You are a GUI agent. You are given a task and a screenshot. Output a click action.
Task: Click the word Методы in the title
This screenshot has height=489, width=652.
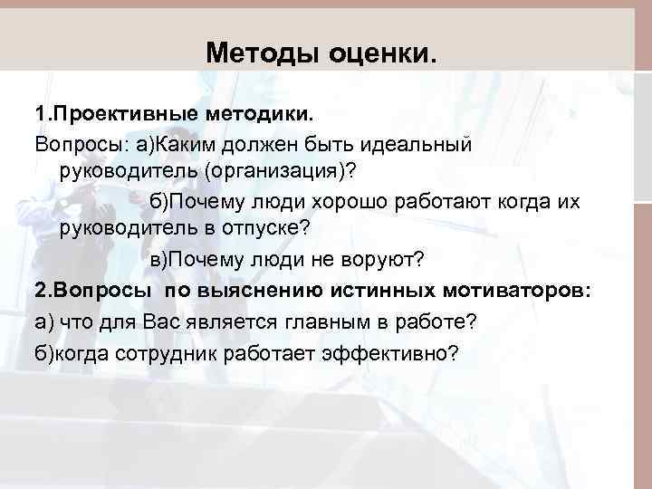point(255,53)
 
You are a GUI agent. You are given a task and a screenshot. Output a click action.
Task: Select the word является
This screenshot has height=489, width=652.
point(201,321)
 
